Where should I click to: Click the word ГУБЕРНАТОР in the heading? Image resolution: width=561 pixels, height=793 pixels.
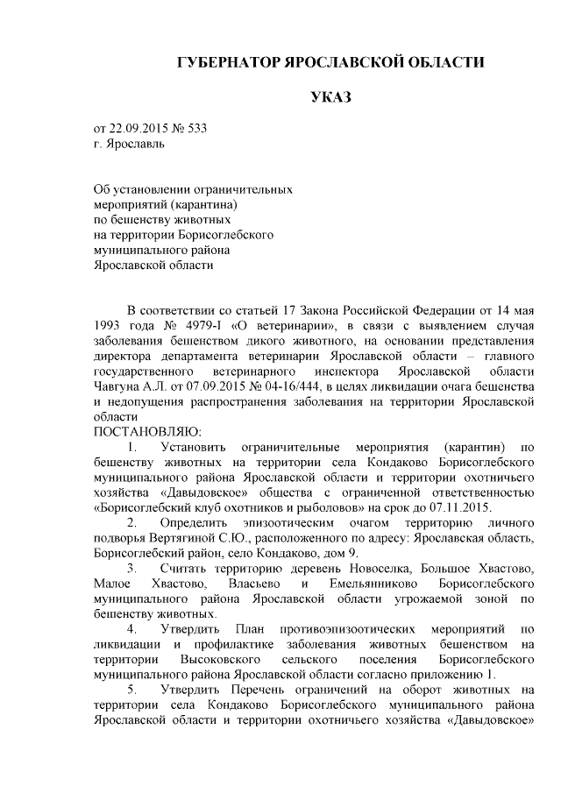(x=224, y=63)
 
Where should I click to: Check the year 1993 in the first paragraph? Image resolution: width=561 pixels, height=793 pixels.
(x=109, y=326)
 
